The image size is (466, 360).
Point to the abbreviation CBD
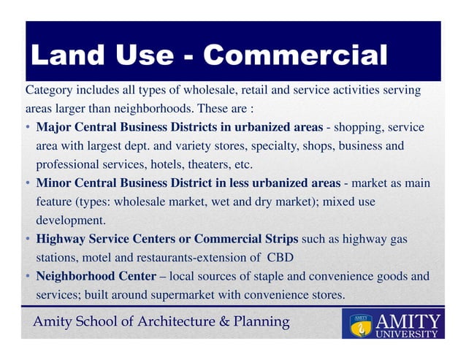(280, 257)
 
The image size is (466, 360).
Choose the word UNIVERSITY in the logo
(408, 334)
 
